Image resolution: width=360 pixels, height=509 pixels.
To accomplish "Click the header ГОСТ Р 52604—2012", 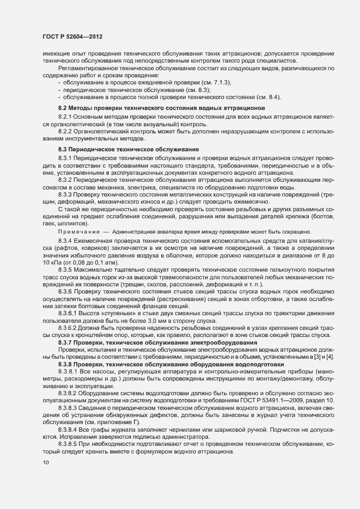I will tap(72, 36).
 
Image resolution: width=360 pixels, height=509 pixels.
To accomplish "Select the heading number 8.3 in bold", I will tap(62, 149).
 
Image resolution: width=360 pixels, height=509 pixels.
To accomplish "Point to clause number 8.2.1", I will tap(65, 118).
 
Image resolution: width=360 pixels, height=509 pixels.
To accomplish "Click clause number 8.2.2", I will tap(65, 133).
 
